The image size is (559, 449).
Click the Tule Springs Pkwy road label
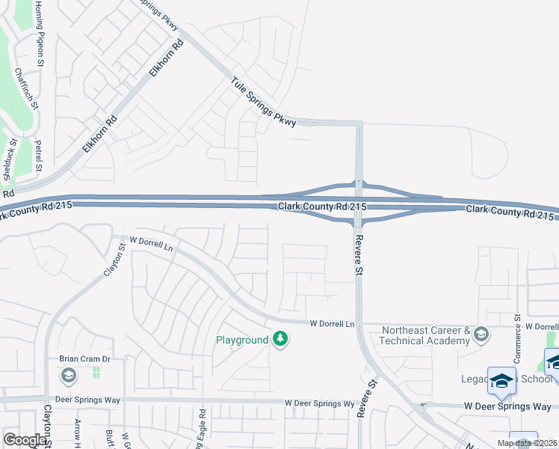pos(264,103)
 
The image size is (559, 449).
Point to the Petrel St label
pos(38,155)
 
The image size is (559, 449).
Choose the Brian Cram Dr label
pos(85,359)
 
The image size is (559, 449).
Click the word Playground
pos(242,340)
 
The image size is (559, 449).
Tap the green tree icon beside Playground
pos(280,340)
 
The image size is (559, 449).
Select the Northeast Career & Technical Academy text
pos(424,335)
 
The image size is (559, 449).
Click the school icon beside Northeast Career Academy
pos(481,335)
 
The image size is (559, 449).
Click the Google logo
pos(25,440)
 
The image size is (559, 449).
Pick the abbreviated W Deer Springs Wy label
pos(319,403)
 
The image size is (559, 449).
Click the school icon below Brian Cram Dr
pos(68,375)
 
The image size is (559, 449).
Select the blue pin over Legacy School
pos(501,381)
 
